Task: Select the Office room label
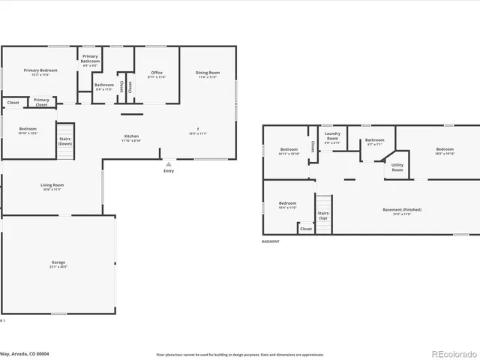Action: pos(156,74)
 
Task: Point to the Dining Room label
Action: pos(208,74)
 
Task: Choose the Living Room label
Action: pos(52,186)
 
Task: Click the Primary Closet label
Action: pos(41,102)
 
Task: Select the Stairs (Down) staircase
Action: pos(66,141)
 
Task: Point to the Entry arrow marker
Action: pos(169,163)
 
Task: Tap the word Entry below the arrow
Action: pos(169,171)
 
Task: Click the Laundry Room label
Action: pos(332,137)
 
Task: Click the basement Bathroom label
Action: pos(374,140)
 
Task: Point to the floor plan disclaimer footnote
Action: pos(239,354)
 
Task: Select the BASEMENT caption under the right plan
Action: pos(271,241)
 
